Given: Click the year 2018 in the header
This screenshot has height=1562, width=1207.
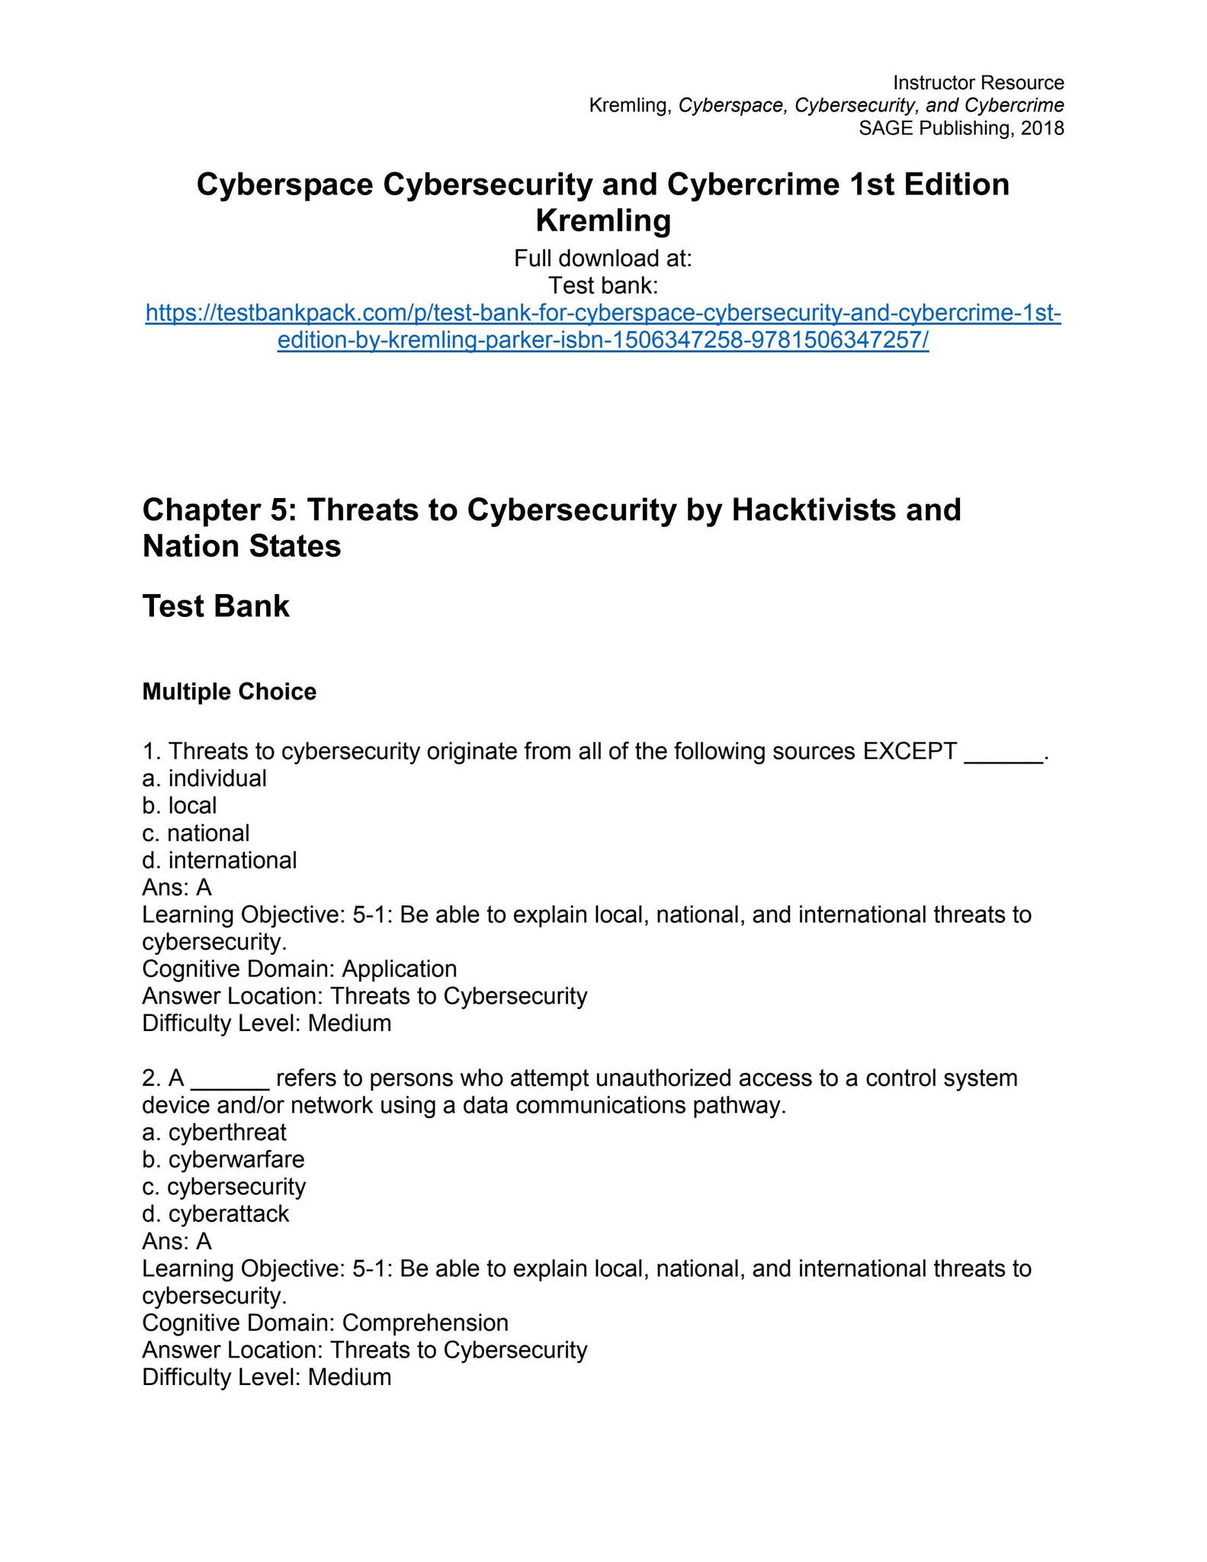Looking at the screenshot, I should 1042,128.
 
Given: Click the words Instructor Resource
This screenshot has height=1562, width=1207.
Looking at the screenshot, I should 978,82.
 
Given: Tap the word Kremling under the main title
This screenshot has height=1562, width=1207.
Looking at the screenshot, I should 602,220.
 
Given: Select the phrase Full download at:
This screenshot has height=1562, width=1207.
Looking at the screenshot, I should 602,259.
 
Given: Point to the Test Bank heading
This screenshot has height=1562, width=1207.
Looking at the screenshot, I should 216,606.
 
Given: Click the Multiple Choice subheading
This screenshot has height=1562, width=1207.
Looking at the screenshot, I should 229,692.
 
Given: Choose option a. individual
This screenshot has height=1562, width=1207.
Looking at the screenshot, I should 204,779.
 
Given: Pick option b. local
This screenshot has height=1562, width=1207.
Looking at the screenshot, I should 180,805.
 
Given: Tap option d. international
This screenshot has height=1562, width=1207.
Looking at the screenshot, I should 220,860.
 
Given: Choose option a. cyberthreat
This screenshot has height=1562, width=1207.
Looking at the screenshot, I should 214,1133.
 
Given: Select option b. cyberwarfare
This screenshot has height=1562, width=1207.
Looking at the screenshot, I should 223,1159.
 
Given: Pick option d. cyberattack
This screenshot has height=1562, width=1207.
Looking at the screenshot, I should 216,1214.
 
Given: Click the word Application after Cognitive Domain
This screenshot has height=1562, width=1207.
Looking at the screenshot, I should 399,969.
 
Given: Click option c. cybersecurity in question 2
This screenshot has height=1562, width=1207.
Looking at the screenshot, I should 224,1187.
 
